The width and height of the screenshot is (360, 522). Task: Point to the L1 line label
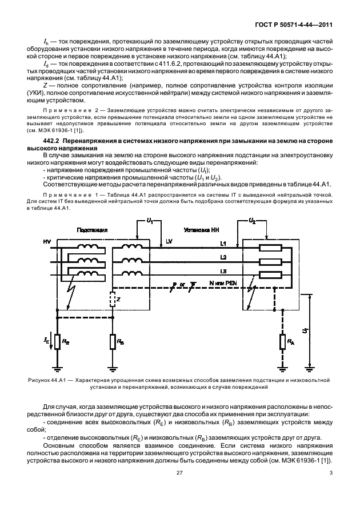pyautogui.click(x=223, y=244)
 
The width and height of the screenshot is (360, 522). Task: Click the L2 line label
pyautogui.click(x=223, y=257)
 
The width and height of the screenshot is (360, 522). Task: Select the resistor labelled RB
pyautogui.click(x=111, y=341)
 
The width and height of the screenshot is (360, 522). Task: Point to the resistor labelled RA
pyautogui.click(x=282, y=341)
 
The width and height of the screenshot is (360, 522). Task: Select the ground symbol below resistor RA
pyautogui.click(x=282, y=368)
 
